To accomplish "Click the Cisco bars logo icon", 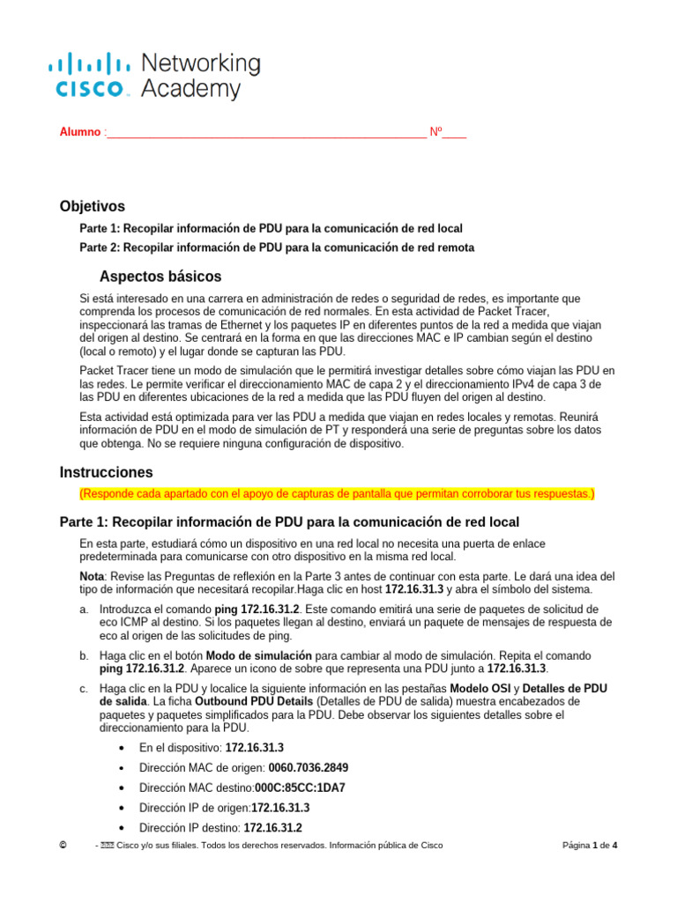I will click(87, 63).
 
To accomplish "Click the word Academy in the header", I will click(190, 89).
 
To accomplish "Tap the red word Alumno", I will click(80, 133).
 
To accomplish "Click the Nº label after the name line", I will click(435, 133).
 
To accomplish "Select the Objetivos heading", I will click(93, 206).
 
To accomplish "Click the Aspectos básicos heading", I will click(160, 277).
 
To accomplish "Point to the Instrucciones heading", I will click(106, 472).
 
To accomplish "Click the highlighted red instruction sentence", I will click(337, 493).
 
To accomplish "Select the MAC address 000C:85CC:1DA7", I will click(300, 787).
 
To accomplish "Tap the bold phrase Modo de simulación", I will click(259, 655).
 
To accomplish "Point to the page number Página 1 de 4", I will click(590, 846).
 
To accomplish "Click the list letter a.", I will click(83, 609).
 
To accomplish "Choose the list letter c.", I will click(83, 688).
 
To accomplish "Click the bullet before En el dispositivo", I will click(121, 748).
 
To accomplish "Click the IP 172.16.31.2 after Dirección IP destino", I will click(272, 828).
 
